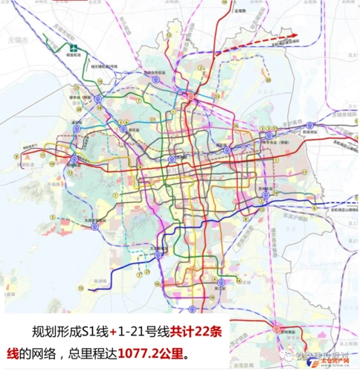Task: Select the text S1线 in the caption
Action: pos(97,327)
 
